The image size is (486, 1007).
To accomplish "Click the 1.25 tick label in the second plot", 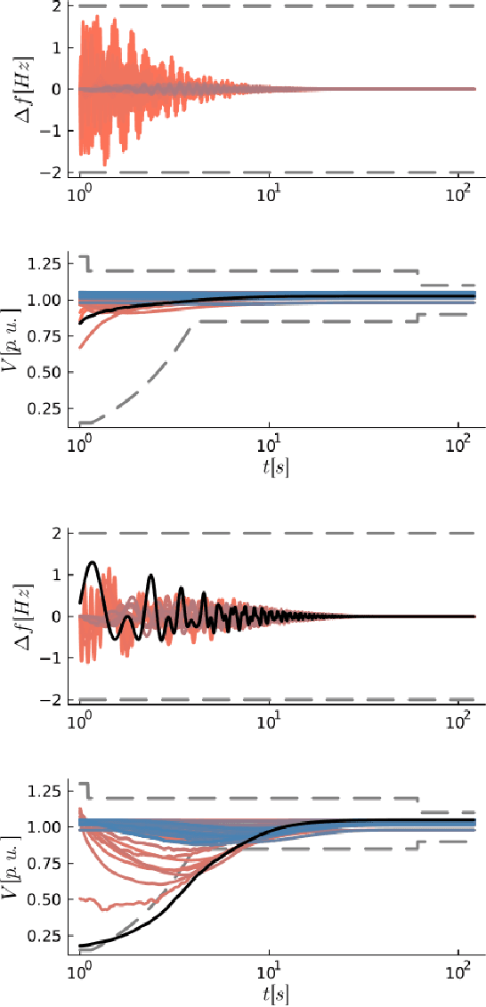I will pyautogui.click(x=44, y=264).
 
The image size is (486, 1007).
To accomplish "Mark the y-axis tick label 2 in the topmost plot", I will pyautogui.click(x=55, y=6).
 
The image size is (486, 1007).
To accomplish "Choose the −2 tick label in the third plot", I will pyautogui.click(x=51, y=700).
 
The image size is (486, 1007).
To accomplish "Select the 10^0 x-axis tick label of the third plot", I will pyautogui.click(x=81, y=720).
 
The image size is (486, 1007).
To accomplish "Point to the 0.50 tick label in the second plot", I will pyautogui.click(x=44, y=373).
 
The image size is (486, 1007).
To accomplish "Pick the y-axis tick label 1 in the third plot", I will pyautogui.click(x=55, y=575).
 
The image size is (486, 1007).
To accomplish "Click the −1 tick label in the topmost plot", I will pyautogui.click(x=51, y=131).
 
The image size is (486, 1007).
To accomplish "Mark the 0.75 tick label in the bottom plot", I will pyautogui.click(x=44, y=863).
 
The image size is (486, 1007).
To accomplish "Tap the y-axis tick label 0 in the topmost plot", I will pyautogui.click(x=55, y=89).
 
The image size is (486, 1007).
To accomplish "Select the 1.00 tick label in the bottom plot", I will pyautogui.click(x=44, y=826).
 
